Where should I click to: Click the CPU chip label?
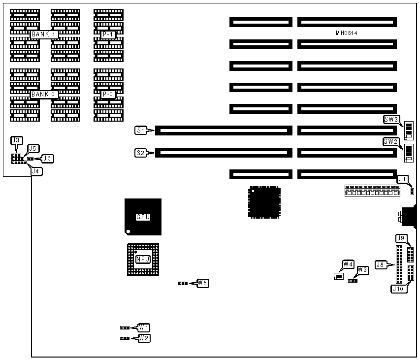(143, 217)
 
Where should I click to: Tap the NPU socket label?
(143, 259)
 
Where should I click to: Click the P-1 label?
(108, 34)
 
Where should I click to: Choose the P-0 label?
(108, 94)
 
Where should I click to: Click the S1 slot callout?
(141, 131)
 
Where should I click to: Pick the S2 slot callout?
(141, 153)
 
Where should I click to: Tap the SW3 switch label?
(391, 119)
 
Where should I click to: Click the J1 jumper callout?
(403, 179)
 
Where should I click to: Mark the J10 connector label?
(398, 289)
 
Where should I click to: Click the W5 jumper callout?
(202, 283)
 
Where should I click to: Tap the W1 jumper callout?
(144, 327)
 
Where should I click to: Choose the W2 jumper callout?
(144, 338)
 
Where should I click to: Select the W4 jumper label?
(349, 264)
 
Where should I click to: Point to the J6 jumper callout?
(48, 159)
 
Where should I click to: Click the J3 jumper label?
(16, 140)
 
